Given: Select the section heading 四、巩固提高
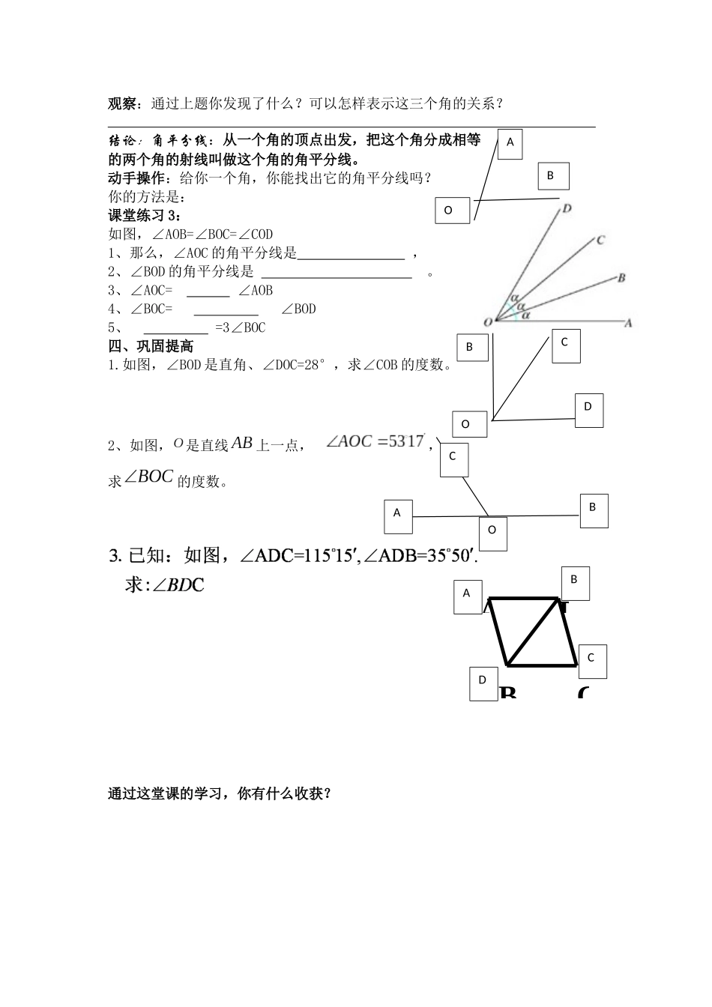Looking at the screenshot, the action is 151,346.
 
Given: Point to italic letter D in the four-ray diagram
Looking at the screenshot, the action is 567,208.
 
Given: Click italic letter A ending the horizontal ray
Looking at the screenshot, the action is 629,323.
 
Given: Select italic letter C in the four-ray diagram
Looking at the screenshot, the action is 600,241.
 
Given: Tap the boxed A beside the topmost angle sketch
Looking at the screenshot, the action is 510,142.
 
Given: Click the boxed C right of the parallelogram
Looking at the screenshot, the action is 591,658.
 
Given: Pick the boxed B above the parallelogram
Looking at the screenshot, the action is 574,579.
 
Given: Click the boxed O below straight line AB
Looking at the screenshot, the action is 492,530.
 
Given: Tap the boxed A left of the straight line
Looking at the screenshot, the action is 397,513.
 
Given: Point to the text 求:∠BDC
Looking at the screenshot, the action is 164,584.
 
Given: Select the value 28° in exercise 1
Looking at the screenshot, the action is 313,365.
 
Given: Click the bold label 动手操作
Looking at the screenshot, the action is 133,178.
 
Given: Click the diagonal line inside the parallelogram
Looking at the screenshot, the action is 534,632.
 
